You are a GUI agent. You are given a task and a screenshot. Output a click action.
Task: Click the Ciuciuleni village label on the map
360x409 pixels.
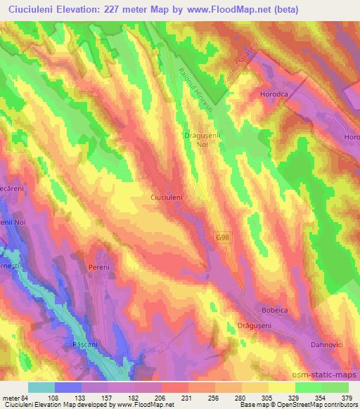point(167,198)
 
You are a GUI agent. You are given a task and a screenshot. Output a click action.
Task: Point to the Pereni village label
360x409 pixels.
point(101,268)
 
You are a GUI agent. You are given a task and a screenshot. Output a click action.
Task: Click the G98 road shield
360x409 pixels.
point(221,239)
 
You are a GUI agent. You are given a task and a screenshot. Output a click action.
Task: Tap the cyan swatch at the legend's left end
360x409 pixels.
point(41,387)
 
